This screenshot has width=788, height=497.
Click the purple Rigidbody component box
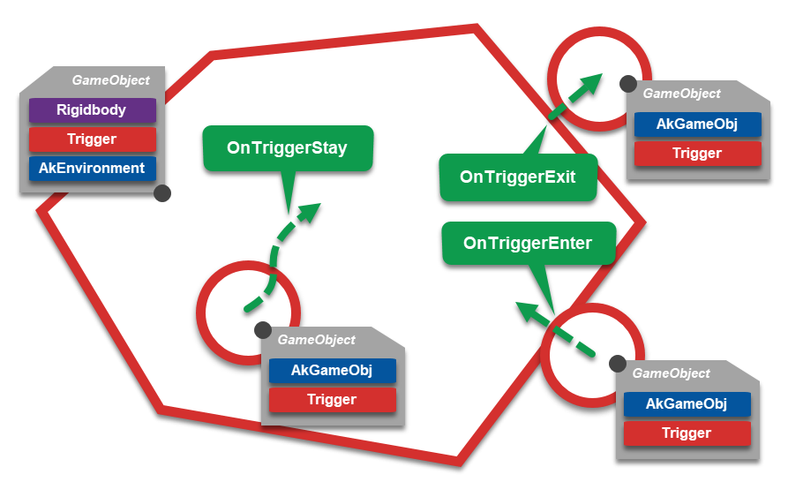pos(92,110)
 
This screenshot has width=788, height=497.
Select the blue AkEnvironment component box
pos(92,168)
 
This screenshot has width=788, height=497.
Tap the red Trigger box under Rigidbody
pos(92,139)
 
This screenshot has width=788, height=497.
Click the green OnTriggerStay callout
pos(287,147)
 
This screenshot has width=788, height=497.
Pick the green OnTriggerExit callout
pos(517,177)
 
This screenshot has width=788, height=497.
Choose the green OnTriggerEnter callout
pos(528,243)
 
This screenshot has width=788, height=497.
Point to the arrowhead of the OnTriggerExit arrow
pos(593,80)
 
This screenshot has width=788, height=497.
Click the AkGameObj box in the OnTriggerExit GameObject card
pos(697,124)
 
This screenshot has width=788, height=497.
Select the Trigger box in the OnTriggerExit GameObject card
pos(697,154)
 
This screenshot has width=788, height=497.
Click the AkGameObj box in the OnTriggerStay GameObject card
pos(332,370)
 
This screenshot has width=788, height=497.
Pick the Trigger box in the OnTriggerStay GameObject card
pos(332,400)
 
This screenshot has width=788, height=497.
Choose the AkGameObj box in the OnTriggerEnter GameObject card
pos(687,404)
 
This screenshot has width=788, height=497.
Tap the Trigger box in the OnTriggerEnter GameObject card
pos(687,433)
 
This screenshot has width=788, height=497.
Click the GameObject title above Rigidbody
pos(110,80)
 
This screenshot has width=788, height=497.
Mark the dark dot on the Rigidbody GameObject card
pos(162,193)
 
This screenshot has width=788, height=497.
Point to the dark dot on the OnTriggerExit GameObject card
pos(627,84)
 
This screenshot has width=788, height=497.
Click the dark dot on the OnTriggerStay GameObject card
pos(262,329)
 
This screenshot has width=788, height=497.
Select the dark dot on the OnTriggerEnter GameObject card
pos(618,364)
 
